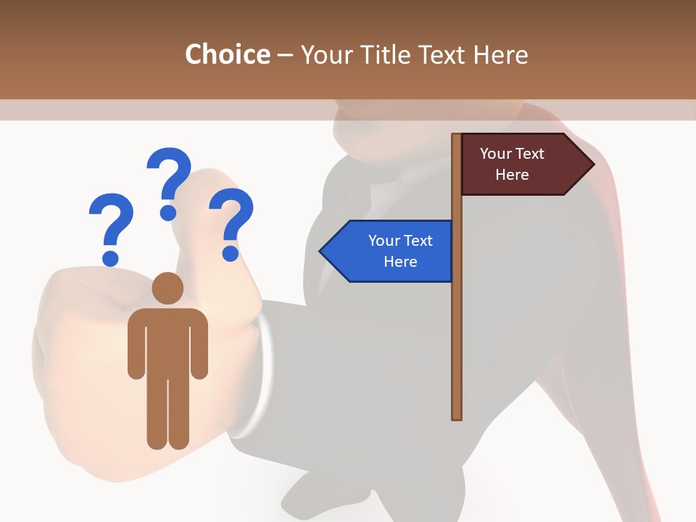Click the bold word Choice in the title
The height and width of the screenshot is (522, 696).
pos(227,54)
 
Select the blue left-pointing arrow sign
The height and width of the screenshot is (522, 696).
pos(388,251)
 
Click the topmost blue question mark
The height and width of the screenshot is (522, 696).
pos(170,174)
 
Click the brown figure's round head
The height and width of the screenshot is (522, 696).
pos(167,288)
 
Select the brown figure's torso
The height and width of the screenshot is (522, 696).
pos(167,341)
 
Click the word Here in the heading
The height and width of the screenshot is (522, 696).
pos(500,54)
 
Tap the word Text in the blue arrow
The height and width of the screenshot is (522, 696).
pos(417,241)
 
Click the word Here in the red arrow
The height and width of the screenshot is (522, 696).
pos(512,175)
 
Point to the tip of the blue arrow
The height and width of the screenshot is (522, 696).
pos(321,252)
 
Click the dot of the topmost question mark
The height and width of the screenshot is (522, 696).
pos(168,212)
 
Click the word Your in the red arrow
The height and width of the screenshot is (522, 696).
pos(496,154)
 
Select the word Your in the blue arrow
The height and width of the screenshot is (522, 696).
pos(384,241)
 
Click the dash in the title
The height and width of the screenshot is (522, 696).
pos(285,54)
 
